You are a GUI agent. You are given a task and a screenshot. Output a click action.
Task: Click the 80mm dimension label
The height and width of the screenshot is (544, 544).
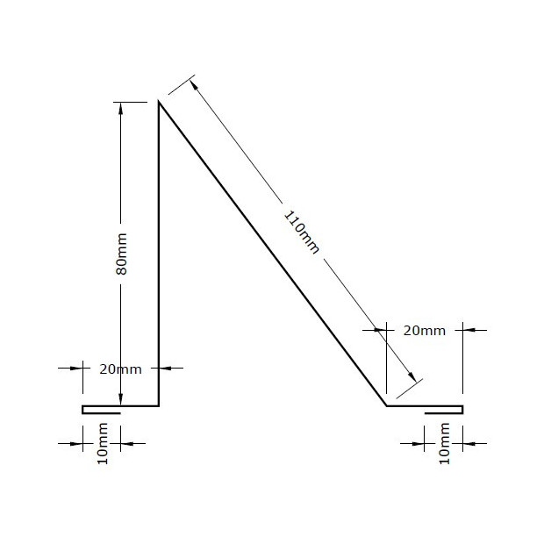coord(122,254)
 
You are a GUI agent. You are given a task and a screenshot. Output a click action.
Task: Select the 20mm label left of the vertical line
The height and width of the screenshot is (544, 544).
coord(120,369)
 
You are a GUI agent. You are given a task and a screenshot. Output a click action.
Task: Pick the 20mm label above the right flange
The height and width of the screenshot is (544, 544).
coord(425,331)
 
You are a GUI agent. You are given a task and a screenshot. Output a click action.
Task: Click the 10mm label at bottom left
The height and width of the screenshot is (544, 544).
coord(103,444)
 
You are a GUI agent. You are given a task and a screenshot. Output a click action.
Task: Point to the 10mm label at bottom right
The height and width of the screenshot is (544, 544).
coord(443,444)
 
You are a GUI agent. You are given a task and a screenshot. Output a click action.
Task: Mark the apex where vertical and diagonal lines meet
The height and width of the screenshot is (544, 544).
coord(158,103)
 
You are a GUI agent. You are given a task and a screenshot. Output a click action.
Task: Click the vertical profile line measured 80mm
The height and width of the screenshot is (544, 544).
coord(158,263)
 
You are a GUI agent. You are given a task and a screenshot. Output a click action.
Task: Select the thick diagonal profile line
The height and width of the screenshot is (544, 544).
coord(272,254)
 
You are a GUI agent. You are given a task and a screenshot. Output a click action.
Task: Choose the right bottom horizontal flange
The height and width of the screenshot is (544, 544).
coord(426,406)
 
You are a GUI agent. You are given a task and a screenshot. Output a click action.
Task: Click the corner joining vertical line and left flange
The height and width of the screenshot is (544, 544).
coord(158,406)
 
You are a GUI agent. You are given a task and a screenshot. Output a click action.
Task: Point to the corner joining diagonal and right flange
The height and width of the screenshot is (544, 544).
coord(387,406)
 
